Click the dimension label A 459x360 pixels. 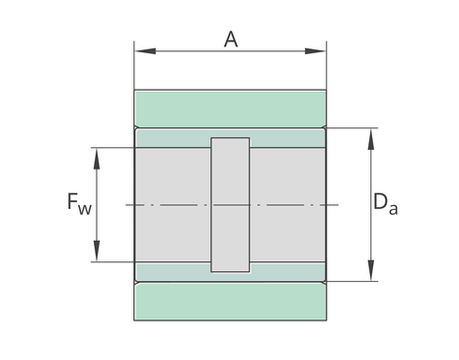coord(231,39)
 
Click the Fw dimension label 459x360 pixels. coord(79,203)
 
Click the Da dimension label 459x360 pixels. coord(386,203)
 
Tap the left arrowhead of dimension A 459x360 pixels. coord(145,51)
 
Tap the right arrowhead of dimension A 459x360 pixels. coord(315,51)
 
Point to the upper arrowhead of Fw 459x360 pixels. coord(97,159)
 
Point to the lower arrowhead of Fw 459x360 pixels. coord(97,251)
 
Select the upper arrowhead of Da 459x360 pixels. coord(371,139)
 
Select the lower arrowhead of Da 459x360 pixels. coord(371,270)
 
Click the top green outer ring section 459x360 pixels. coord(230,109)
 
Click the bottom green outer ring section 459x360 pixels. coord(230,301)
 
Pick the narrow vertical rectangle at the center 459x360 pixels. coord(230,205)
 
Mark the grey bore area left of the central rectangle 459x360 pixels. coord(173,205)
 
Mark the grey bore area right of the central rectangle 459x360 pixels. coord(287,205)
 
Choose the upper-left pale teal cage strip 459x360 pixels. coord(174,138)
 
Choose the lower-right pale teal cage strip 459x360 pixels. coord(287,271)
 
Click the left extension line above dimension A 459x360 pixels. coord(134,65)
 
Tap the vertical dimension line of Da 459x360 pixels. coord(371,205)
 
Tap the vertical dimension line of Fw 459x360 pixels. coord(97,205)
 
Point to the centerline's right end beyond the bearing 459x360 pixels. coord(339,205)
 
